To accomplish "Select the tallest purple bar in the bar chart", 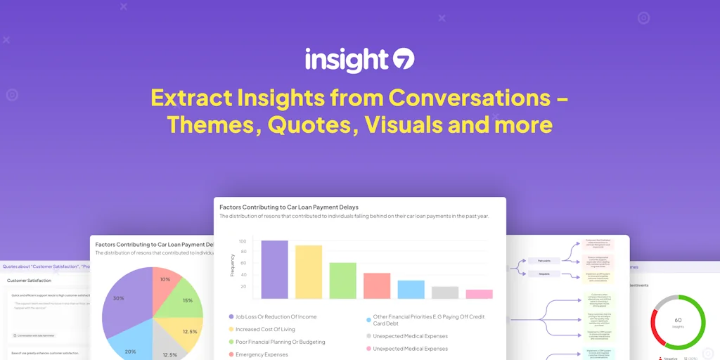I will (274, 270).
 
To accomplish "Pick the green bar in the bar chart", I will (342, 281).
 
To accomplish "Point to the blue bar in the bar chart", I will (411, 290).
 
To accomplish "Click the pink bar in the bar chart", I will (479, 294).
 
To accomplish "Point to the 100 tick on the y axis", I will (243, 240).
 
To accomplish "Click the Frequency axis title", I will (232, 264).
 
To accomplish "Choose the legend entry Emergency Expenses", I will (262, 354).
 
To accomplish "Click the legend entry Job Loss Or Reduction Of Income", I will (276, 317).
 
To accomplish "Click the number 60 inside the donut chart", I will (678, 319).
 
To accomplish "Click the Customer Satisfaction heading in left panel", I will (29, 281).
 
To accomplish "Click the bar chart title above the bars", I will (289, 207).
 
